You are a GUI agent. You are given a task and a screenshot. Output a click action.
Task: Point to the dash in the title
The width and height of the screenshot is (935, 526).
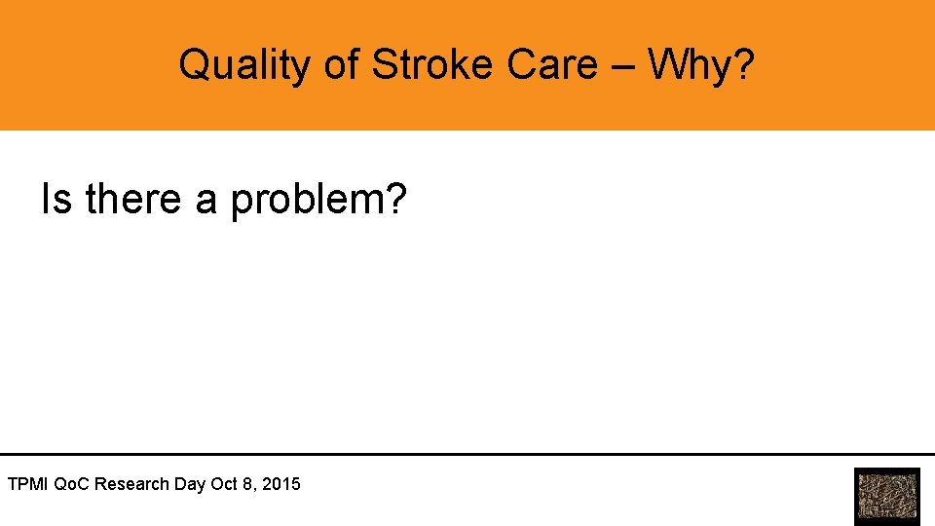pyautogui.click(x=623, y=66)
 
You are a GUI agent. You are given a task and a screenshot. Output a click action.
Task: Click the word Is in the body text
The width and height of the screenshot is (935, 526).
pyautogui.click(x=56, y=200)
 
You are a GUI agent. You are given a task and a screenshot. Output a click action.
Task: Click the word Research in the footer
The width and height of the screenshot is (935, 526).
pyautogui.click(x=132, y=483)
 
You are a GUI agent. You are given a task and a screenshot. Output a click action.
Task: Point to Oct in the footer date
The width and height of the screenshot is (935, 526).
pyautogui.click(x=224, y=483)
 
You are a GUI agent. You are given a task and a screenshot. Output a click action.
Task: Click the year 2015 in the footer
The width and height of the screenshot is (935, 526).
pyautogui.click(x=281, y=483)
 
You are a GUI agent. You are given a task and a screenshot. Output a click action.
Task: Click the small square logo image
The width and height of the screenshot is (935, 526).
pyautogui.click(x=886, y=497)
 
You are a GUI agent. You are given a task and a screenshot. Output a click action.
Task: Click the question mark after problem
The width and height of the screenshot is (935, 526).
pyautogui.click(x=394, y=200)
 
